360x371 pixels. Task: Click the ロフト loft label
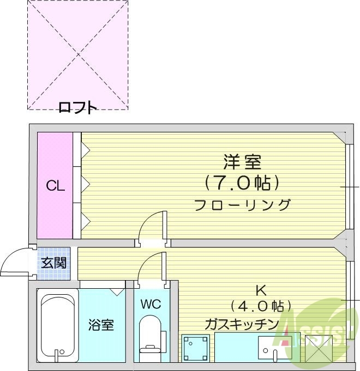tap(77, 108)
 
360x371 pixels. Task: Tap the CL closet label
tap(55, 186)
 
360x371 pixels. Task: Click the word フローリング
tap(242, 205)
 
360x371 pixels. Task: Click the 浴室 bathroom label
tap(101, 325)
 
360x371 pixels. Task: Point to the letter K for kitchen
tap(260, 290)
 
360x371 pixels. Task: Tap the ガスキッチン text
tap(242, 324)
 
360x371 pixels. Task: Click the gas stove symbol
tap(195, 347)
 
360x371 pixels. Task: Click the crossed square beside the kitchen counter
tap(318, 348)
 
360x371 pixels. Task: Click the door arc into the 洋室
tap(150, 226)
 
